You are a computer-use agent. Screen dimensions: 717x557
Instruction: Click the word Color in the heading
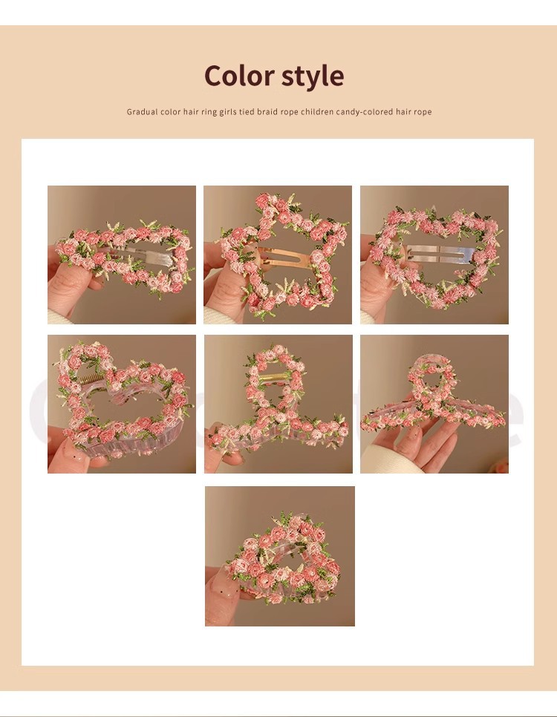pyautogui.click(x=238, y=76)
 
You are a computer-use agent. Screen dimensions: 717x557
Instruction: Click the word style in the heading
pyautogui.click(x=312, y=76)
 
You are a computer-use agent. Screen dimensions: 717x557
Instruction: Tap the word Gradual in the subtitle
pyautogui.click(x=142, y=112)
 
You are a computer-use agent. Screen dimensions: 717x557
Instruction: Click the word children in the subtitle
pyautogui.click(x=317, y=112)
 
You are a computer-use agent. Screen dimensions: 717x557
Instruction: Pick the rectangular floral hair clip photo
pyautogui.click(x=122, y=255)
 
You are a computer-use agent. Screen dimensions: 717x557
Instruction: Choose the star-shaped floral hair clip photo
pyautogui.click(x=278, y=255)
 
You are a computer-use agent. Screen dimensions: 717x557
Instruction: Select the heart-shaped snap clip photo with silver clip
pyautogui.click(x=434, y=255)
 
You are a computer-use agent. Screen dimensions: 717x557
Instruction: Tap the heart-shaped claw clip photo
pyautogui.click(x=122, y=404)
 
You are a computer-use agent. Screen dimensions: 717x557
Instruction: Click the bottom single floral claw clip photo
pyautogui.click(x=280, y=556)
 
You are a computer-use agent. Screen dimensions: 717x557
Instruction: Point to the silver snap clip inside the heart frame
pyautogui.click(x=438, y=252)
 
